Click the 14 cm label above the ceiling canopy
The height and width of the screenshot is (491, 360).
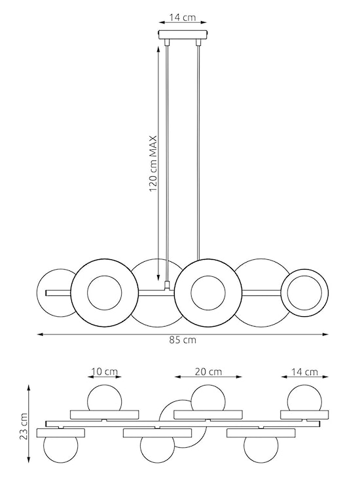(x=183, y=18)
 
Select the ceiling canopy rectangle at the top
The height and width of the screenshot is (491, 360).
(x=183, y=35)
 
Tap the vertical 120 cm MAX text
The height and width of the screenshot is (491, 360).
(x=153, y=164)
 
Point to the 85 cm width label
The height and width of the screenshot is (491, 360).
(x=183, y=340)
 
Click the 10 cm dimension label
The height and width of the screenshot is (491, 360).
(x=105, y=371)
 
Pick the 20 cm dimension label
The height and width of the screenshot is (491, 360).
(x=208, y=371)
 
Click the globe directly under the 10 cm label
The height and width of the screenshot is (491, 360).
(x=105, y=399)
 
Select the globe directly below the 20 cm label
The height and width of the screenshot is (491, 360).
(x=209, y=399)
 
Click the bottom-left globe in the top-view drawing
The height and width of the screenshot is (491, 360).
(x=60, y=450)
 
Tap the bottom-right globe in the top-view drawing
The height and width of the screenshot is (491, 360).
(x=261, y=450)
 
